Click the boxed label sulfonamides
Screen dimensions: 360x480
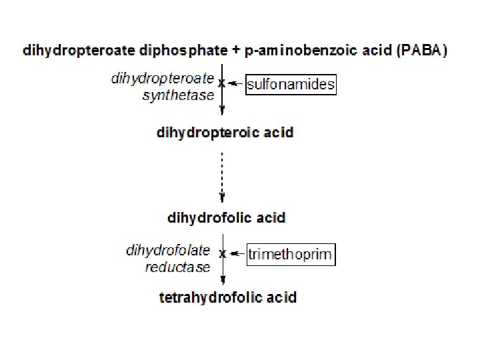(291, 85)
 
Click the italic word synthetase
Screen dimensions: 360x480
(178, 95)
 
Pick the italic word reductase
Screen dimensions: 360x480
(177, 267)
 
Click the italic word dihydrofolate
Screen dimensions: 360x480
(168, 251)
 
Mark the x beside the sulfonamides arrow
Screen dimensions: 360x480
(221, 83)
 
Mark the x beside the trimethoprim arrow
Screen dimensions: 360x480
(223, 253)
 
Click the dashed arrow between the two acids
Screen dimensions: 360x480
(222, 173)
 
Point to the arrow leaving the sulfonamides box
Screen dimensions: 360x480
(235, 85)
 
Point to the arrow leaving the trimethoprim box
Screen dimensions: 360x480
(237, 253)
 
